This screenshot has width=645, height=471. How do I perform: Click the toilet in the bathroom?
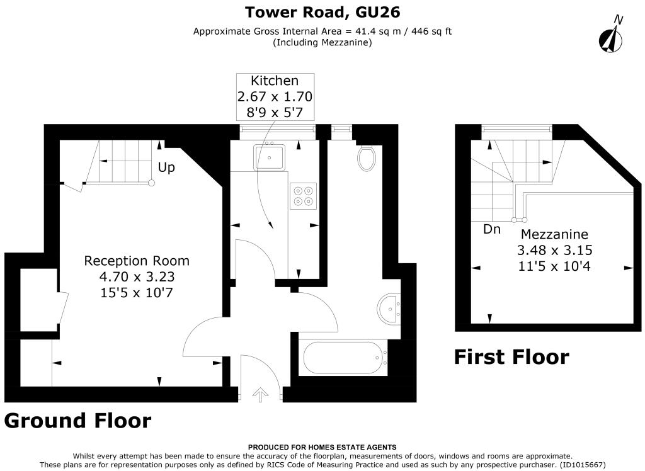[366, 158]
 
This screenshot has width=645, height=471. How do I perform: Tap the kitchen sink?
[270, 157]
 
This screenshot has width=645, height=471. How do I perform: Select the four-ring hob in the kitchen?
[303, 196]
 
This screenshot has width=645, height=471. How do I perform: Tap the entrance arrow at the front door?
[260, 394]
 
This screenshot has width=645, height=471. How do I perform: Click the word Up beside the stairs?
[166, 167]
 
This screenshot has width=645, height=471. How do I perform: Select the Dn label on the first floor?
[492, 229]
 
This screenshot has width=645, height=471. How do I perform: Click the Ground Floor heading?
[77, 421]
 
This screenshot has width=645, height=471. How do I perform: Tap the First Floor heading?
[511, 356]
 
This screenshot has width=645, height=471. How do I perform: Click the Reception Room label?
[137, 261]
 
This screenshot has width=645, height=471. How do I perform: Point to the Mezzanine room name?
[554, 234]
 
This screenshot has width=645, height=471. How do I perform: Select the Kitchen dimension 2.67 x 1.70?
[275, 96]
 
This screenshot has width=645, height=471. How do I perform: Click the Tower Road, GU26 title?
[322, 12]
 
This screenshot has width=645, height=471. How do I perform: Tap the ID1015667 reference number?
[583, 465]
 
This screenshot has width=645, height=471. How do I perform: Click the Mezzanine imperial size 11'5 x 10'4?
[554, 266]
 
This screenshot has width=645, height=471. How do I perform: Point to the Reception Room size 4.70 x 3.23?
[137, 276]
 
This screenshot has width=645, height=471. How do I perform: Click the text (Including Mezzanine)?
[322, 42]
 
